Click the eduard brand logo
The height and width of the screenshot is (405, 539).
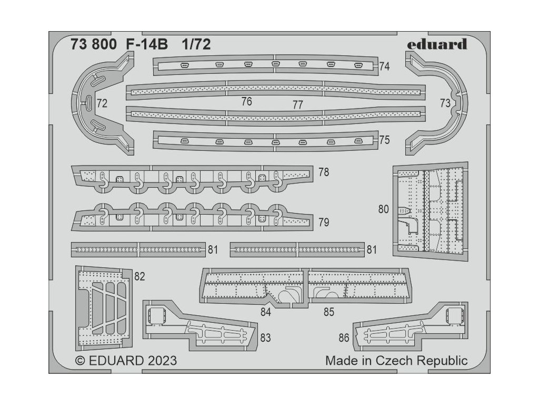coord(436,44)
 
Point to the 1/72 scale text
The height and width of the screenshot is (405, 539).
coord(196,45)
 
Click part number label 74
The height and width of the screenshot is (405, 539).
coord(384,66)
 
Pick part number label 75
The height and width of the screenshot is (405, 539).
coord(384,140)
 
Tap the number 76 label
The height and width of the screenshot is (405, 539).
coord(246,102)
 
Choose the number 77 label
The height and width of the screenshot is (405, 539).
coord(298,104)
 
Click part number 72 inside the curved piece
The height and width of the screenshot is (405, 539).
coord(102,103)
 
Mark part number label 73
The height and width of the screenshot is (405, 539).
coord(445,103)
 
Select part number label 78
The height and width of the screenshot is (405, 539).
coord(324,172)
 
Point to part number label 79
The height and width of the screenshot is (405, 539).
coord(324,222)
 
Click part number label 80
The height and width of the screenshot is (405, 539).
coord(383,209)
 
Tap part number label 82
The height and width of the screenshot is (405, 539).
coord(139,276)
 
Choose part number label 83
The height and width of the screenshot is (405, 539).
coord(265,337)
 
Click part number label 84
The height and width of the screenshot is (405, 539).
coord(265,312)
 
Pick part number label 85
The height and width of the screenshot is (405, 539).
coord(329,312)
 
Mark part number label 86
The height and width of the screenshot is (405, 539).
coord(344,337)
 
